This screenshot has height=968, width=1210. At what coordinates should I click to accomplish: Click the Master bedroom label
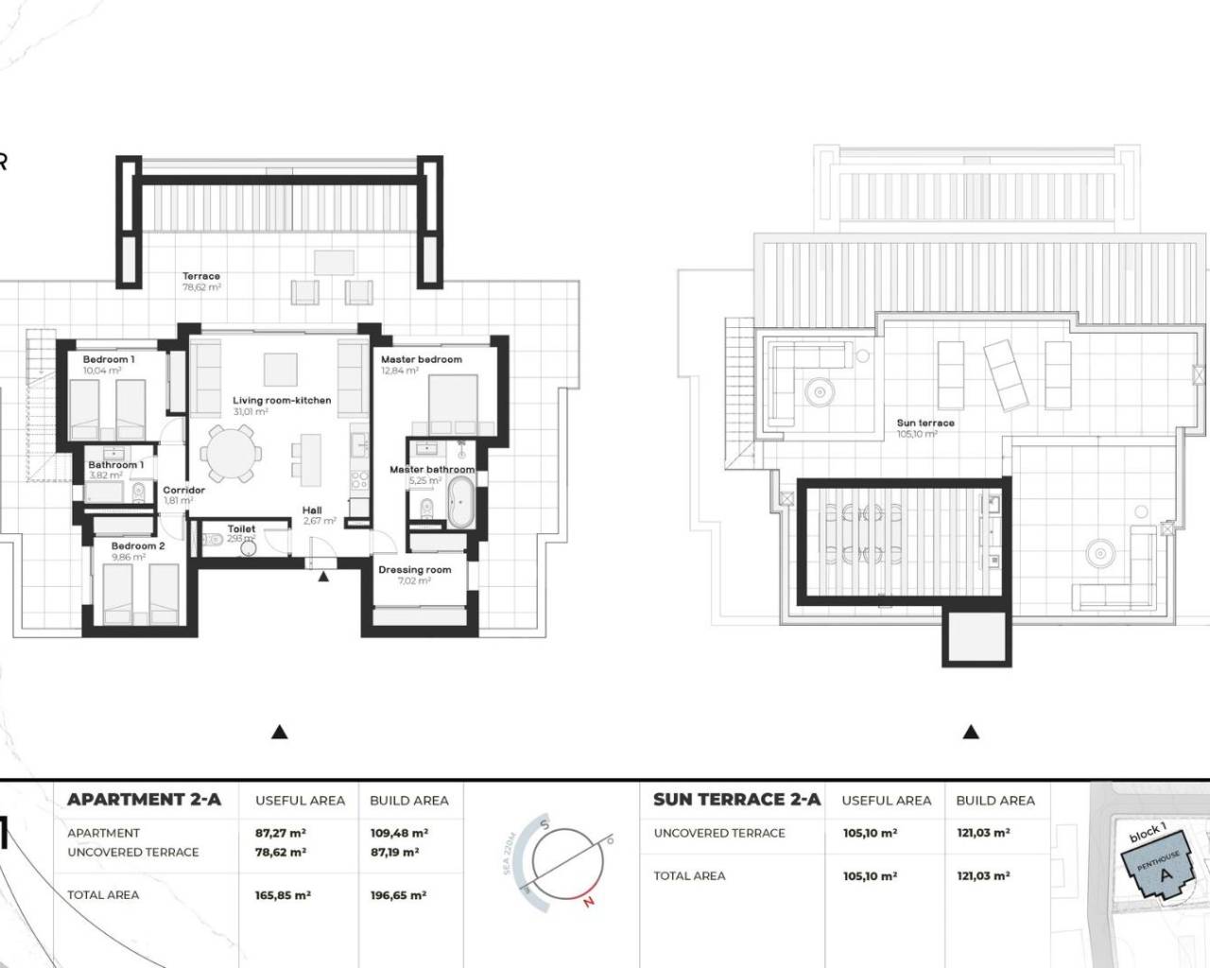[x=421, y=360]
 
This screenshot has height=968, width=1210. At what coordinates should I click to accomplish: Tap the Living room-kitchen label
[x=282, y=401]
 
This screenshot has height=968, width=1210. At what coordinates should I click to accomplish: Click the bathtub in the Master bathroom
[x=461, y=502]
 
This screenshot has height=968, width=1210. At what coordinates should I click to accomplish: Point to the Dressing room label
[x=414, y=570]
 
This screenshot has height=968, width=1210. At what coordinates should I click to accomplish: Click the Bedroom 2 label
[x=138, y=546]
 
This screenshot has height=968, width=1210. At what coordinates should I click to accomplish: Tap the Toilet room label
[x=241, y=529]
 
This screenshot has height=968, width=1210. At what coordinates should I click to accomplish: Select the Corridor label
[x=183, y=491]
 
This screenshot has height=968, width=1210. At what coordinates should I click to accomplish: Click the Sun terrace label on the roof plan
[x=925, y=423]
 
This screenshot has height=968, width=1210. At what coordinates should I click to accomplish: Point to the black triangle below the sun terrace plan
[x=970, y=732]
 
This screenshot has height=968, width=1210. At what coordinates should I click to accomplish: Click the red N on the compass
[x=589, y=901]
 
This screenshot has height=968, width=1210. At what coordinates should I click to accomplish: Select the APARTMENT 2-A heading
[x=144, y=800]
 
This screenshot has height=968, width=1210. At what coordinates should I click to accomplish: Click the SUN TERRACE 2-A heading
[x=736, y=800]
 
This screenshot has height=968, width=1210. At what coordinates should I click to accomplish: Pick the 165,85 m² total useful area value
[x=283, y=895]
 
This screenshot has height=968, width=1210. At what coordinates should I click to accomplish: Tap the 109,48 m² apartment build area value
[x=398, y=834]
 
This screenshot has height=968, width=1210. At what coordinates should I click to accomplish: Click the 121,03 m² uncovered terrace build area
[x=983, y=834]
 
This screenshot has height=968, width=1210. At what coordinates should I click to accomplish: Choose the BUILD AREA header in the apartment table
[x=408, y=801]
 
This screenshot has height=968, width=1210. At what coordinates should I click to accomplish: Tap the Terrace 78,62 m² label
[x=201, y=282]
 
